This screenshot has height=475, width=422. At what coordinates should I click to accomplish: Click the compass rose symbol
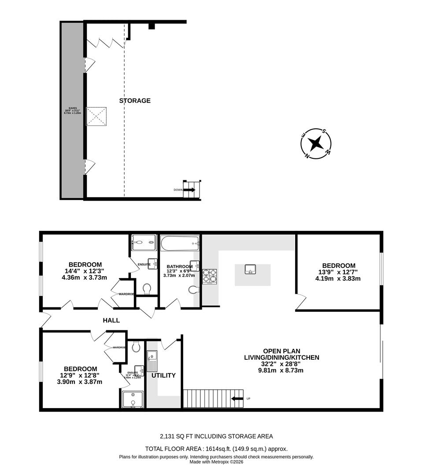pyautogui.click(x=315, y=143)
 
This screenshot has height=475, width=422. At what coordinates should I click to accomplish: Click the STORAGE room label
pyautogui.click(x=135, y=101)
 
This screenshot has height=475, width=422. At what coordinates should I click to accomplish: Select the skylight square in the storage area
pyautogui.click(x=96, y=116)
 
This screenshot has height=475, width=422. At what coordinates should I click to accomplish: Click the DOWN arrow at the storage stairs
pyautogui.click(x=189, y=190)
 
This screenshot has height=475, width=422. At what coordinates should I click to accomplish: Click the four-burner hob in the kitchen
pyautogui.click(x=210, y=275)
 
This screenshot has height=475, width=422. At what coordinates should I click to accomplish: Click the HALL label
pyautogui.click(x=111, y=321)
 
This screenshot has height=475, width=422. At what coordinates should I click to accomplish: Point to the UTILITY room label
pyautogui.click(x=163, y=375)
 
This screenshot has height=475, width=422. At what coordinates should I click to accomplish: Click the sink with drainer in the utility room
pyautogui.click(x=152, y=361)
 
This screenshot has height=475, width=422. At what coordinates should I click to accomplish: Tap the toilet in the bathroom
pyautogui.click(x=193, y=290)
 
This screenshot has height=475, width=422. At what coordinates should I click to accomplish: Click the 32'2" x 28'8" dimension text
pyautogui.click(x=281, y=364)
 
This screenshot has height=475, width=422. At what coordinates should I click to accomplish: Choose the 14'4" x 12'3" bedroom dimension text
pyautogui.click(x=83, y=271)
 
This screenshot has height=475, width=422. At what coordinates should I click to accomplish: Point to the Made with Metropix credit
pyautogui.click(x=216, y=462)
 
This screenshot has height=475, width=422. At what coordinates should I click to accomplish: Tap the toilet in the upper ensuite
pyautogui.click(x=147, y=289)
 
